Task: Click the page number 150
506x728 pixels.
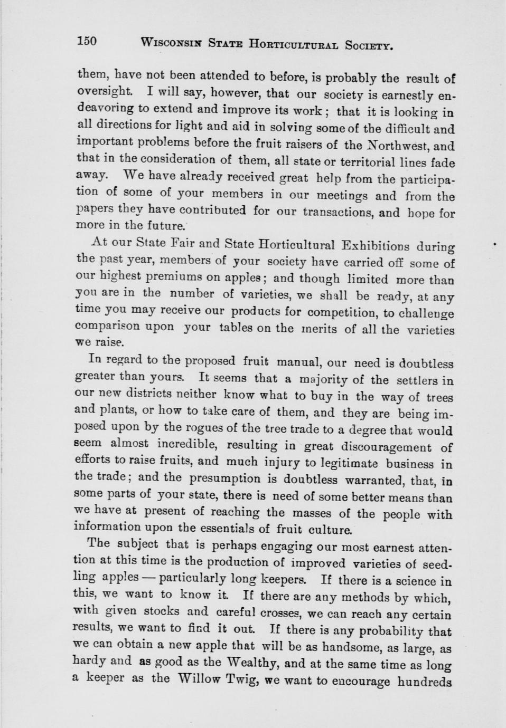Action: coord(87,41)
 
